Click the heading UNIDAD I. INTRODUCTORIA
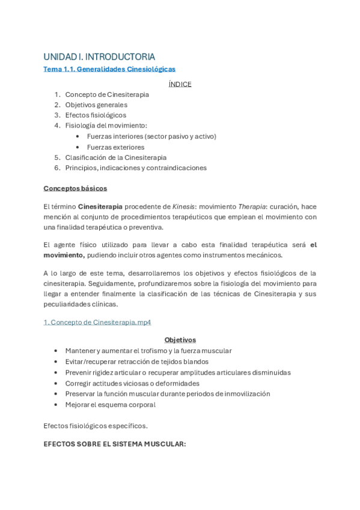[x=99, y=57]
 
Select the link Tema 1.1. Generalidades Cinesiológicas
[x=109, y=69]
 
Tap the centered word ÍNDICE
[x=180, y=84]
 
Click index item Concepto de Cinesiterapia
[x=107, y=94]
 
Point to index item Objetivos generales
[x=96, y=105]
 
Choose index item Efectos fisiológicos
[x=96, y=115]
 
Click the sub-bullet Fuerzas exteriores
[x=115, y=147]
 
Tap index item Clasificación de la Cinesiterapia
[x=116, y=158]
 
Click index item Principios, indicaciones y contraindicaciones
[x=136, y=168]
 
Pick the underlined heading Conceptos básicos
[x=75, y=188]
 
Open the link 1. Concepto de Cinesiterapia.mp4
[x=97, y=322]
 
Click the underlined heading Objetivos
[x=180, y=340]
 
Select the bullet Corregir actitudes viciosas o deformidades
[x=132, y=383]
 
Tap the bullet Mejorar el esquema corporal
[x=110, y=405]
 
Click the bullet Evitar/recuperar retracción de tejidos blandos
[x=136, y=361]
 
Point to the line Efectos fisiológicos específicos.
[x=95, y=426]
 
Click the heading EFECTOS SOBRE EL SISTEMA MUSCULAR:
[x=115, y=444]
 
